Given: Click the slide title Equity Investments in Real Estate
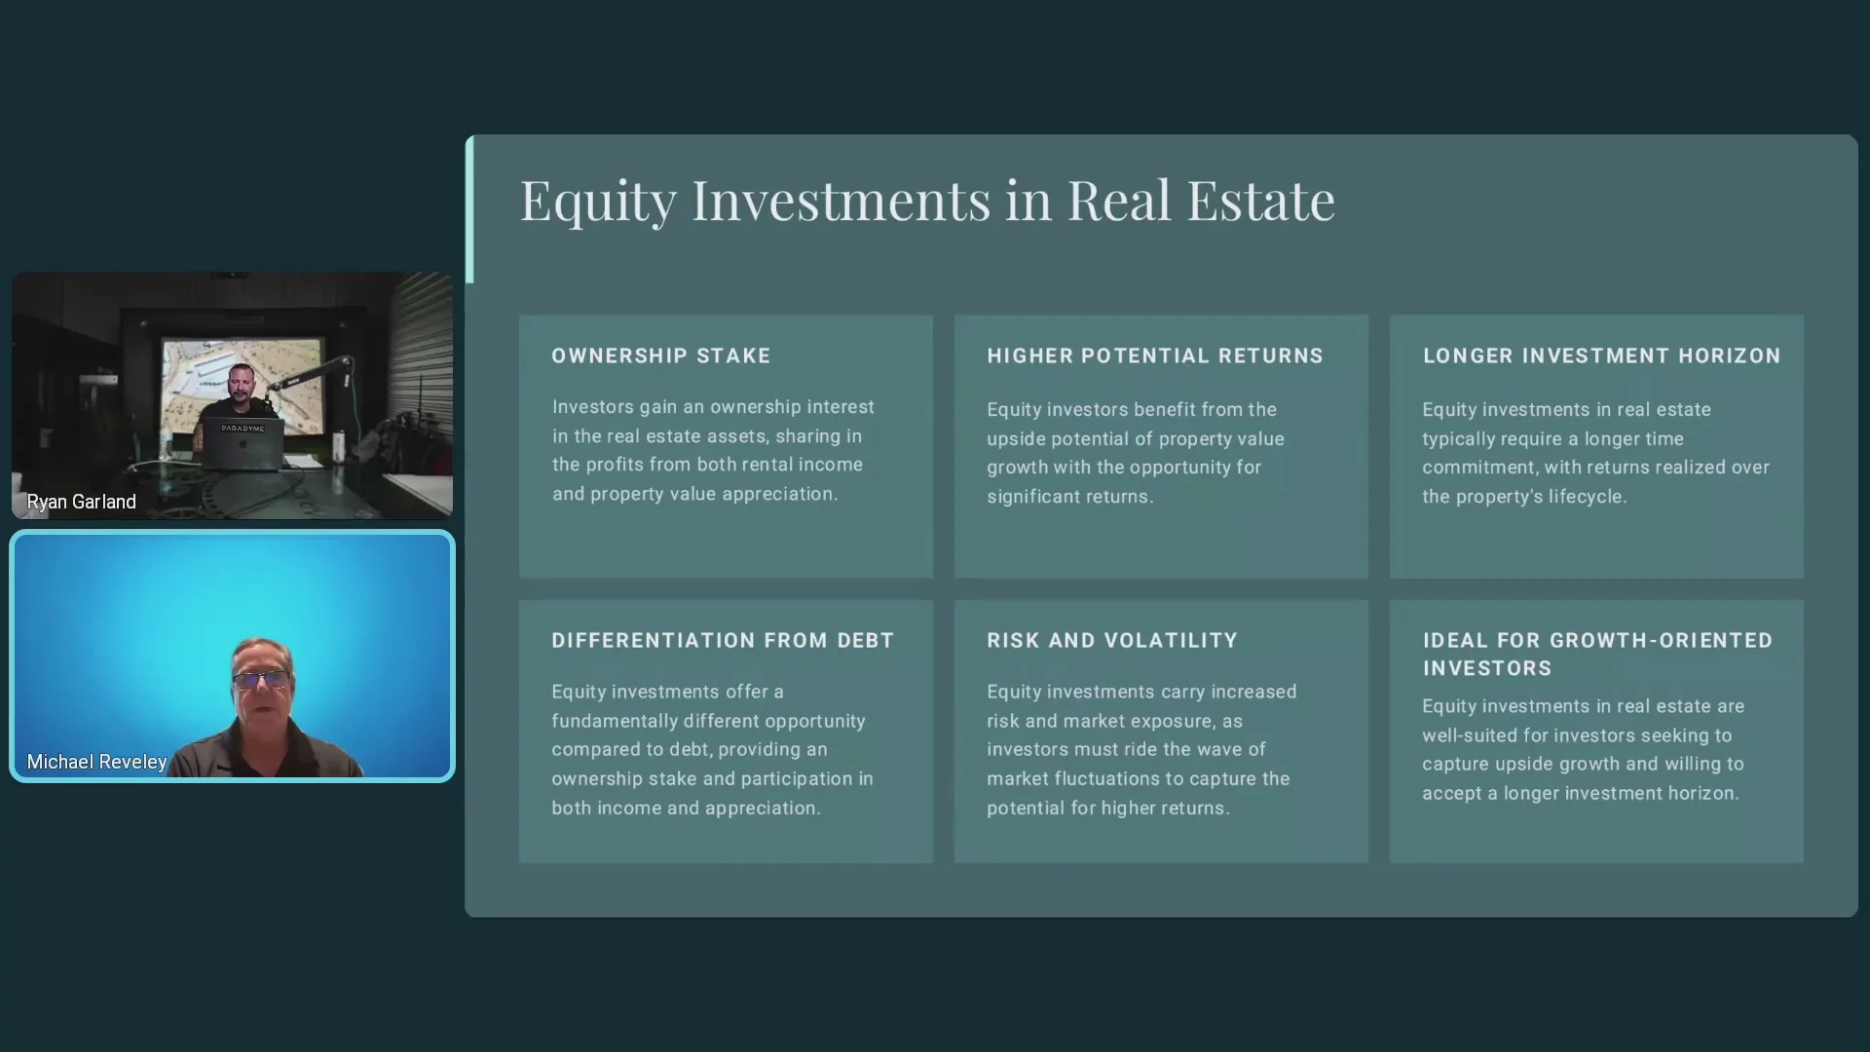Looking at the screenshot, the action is pyautogui.click(x=927, y=201).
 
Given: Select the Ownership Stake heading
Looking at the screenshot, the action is pyautogui.click(x=661, y=357).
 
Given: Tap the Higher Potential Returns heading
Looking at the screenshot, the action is pyautogui.click(x=1155, y=357).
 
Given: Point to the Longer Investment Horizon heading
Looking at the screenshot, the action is pyautogui.click(x=1601, y=357).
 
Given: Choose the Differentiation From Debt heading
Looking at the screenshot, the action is pyautogui.click(x=723, y=641).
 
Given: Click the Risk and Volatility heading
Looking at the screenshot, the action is pyautogui.click(x=1112, y=641).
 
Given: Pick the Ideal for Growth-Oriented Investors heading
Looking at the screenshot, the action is pyautogui.click(x=1597, y=655).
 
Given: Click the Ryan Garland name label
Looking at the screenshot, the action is pyautogui.click(x=82, y=503).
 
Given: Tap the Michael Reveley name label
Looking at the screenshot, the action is pyautogui.click(x=96, y=762).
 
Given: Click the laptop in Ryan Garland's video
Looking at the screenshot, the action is pyautogui.click(x=243, y=444).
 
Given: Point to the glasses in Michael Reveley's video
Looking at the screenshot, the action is pyautogui.click(x=261, y=679).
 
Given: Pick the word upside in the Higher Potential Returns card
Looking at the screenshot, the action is pyautogui.click(x=1016, y=440).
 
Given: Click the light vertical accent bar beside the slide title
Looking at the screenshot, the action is pyautogui.click(x=469, y=209).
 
